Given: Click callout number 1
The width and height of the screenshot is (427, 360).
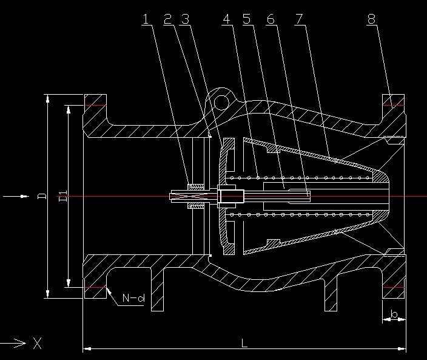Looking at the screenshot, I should pos(146,19).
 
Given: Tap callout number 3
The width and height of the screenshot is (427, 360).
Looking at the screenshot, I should pos(185,19).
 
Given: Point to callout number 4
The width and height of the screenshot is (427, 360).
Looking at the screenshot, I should pos(227,19).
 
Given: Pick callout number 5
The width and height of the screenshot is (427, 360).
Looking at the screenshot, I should pos(247,19).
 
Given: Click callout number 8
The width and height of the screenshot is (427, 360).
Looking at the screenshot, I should pos(371,19).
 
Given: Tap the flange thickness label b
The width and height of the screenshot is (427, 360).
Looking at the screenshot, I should pos(394,314).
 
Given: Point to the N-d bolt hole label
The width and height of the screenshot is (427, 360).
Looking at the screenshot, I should pos(133,298).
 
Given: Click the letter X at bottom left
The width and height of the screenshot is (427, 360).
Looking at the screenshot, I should pos(38,344).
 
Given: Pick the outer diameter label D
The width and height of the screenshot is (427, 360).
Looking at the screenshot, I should pos(42,195).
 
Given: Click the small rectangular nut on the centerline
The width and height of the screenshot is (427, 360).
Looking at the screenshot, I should pos(230,196).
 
